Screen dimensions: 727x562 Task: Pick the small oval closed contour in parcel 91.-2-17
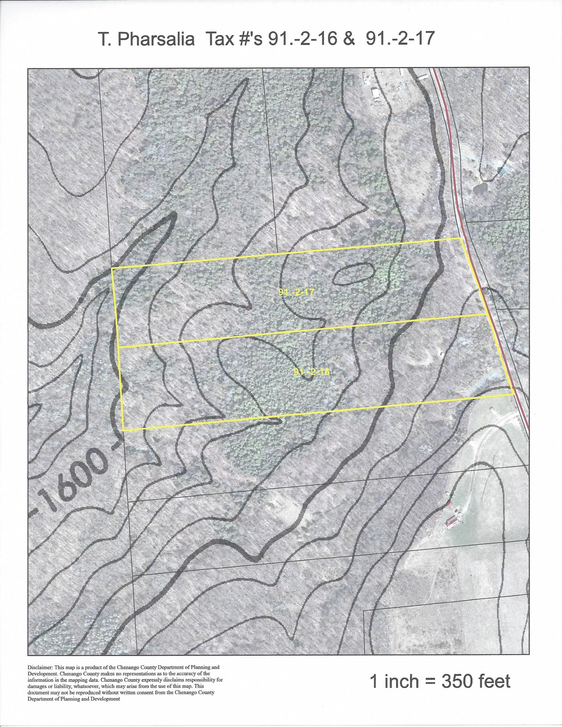point(353,274)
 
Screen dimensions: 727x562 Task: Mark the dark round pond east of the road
point(481,189)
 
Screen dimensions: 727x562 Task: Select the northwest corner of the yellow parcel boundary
point(112,268)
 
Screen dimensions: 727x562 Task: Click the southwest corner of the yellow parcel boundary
point(124,430)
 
